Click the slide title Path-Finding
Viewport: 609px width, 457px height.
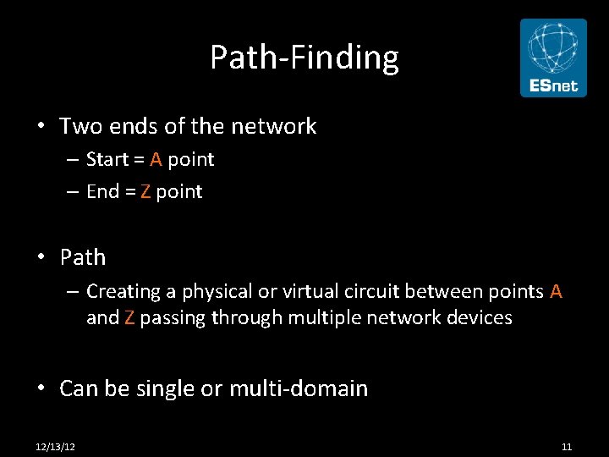click(304, 58)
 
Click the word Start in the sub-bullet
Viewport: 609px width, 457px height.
click(107, 160)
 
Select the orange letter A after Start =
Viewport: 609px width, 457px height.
click(156, 160)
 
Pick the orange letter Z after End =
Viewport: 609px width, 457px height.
click(145, 192)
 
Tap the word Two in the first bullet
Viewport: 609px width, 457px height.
click(80, 127)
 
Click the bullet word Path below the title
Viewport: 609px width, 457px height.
click(83, 257)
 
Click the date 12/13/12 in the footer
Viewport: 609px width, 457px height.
click(55, 446)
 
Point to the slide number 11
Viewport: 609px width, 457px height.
click(567, 446)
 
